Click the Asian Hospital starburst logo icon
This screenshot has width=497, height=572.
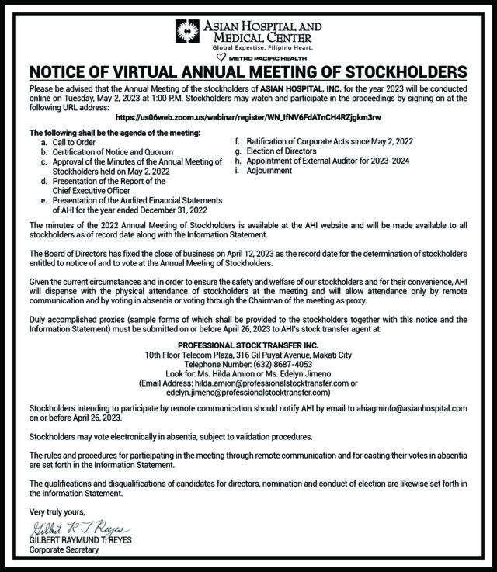188,32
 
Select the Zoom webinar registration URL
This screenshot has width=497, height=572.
248,116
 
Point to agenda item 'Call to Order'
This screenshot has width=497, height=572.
74,143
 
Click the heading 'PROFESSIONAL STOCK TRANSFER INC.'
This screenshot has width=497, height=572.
248,345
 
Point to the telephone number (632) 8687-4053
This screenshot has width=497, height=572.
248,364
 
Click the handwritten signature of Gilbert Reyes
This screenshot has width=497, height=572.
69,530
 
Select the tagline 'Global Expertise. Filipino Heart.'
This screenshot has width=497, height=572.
248,47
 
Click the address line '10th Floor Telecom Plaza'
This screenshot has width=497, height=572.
248,355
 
